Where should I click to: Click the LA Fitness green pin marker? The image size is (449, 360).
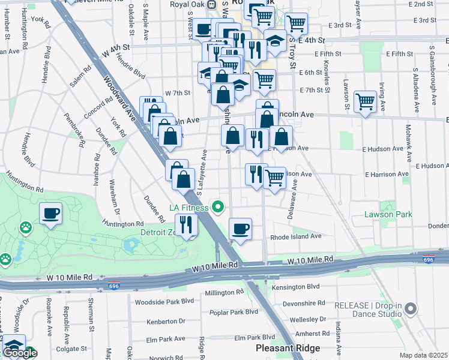click(x=218, y=208)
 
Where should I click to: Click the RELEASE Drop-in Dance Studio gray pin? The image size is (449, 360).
click(x=411, y=309)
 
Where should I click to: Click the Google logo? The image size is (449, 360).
click(x=20, y=353)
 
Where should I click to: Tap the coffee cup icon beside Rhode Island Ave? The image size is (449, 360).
click(x=240, y=229)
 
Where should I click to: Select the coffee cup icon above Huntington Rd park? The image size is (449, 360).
click(x=50, y=213)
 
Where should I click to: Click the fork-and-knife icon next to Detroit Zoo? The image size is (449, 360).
click(x=186, y=224)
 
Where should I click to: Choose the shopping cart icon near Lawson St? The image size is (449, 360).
click(x=365, y=101)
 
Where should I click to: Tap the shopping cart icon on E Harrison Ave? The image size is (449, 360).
click(x=274, y=177)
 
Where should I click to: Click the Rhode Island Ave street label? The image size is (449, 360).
click(x=296, y=236)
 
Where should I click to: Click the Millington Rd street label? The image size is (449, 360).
click(x=224, y=293)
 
